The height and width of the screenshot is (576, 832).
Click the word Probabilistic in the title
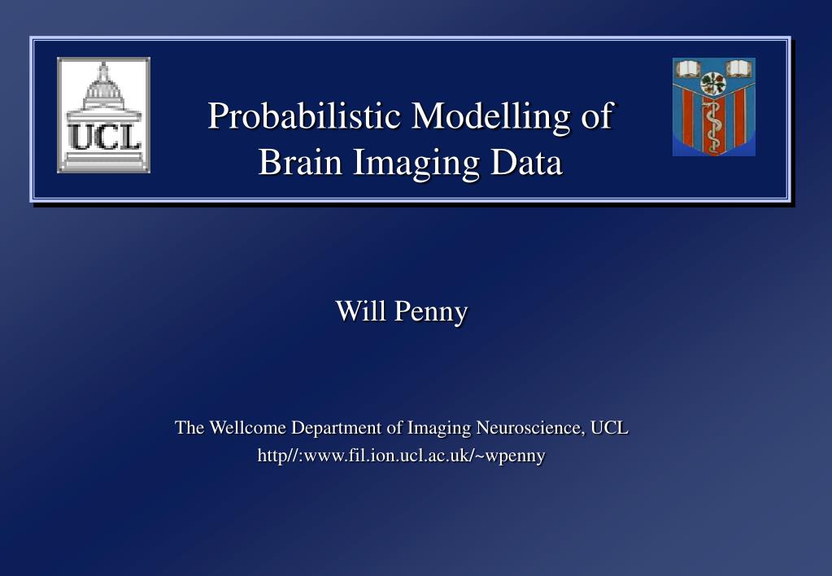[304, 116]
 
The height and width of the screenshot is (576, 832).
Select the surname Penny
[431, 312]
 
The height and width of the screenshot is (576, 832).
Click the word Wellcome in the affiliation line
[248, 427]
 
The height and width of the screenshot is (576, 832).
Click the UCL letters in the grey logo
[104, 137]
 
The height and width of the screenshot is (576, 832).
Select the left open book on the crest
[688, 68]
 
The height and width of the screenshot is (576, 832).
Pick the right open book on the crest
[739, 68]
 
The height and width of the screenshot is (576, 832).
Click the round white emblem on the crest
[713, 84]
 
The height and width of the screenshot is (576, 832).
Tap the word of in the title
[598, 116]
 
